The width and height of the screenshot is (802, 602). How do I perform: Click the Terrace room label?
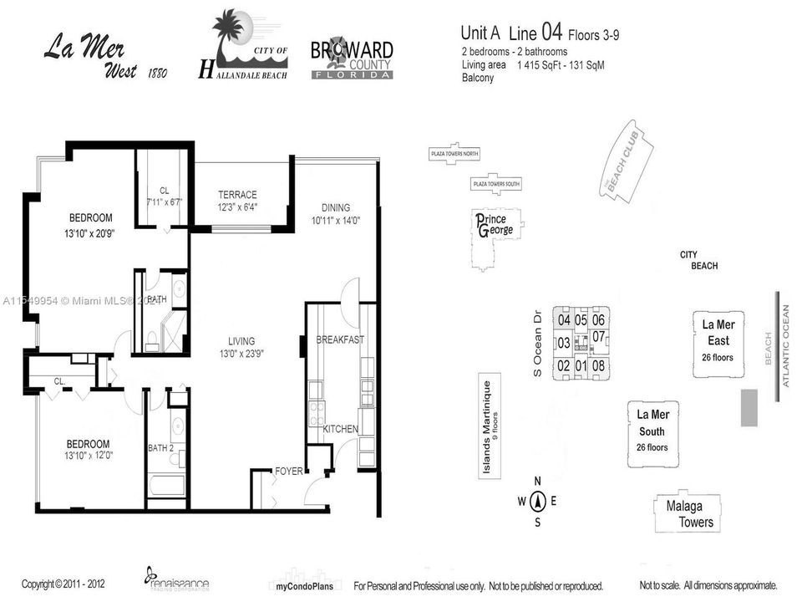coord(237,195)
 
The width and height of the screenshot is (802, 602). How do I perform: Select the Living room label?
coord(243,340)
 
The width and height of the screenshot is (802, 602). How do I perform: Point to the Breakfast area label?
coord(340,339)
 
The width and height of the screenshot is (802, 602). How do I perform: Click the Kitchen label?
coord(340,429)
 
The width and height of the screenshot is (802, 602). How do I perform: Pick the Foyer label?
coord(288,472)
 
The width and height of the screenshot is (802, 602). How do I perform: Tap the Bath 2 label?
coord(160,449)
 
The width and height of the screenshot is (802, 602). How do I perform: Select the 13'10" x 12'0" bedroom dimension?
coord(80,457)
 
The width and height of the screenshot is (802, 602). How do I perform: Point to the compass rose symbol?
coord(538,502)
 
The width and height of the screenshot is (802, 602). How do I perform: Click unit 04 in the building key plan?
coord(564,320)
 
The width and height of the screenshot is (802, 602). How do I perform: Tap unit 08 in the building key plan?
coord(598,365)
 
